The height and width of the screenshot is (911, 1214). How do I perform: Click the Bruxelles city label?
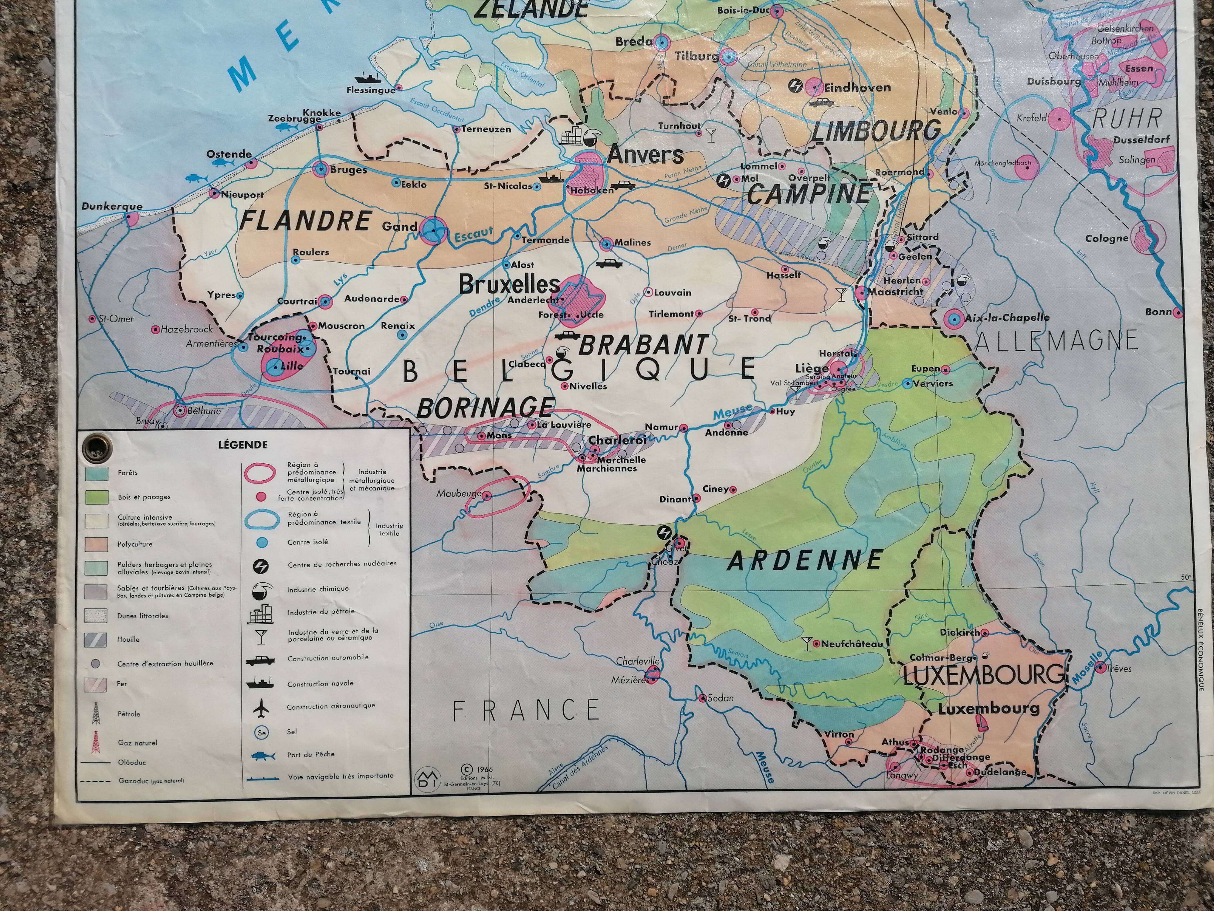(508, 285)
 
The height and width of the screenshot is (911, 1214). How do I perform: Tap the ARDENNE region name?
(805, 561)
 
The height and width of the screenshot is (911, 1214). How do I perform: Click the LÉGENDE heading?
(242, 445)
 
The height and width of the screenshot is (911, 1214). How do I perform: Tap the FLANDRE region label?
(306, 221)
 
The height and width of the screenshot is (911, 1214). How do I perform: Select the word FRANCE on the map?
(525, 710)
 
